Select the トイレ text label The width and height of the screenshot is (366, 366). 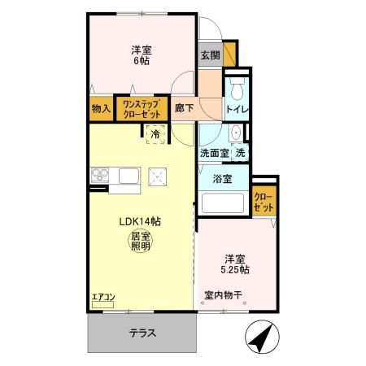[237, 108]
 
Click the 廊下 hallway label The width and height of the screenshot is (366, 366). [184, 107]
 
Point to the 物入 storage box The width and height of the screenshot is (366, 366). [101, 107]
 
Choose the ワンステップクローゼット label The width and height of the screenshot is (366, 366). [142, 107]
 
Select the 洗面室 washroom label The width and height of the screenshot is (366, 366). [214, 153]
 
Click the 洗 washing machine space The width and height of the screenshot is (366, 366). [240, 153]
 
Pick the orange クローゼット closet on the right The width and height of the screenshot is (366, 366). [263, 200]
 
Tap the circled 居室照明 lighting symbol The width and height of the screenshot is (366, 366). [140, 242]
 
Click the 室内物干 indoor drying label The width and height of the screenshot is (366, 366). [222, 296]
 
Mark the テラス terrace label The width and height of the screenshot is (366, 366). [142, 333]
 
